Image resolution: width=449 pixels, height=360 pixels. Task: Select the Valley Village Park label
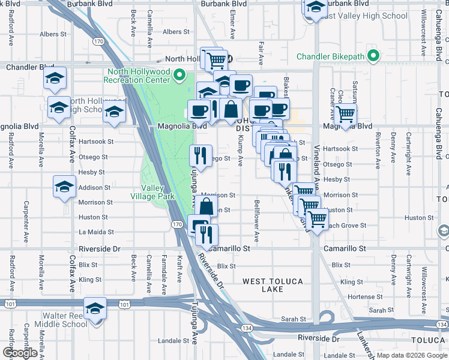tap(148, 192)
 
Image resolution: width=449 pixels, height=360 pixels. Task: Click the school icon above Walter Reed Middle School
tap(95, 308)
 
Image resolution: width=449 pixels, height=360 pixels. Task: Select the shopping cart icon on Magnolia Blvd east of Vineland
tap(346, 113)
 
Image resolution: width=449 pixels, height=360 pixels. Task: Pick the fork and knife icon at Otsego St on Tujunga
tap(201, 156)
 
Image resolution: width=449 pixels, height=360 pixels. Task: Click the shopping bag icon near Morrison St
tap(206, 207)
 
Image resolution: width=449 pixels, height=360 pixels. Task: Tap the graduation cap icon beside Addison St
tap(64, 187)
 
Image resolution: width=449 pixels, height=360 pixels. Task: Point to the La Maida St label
tap(92, 232)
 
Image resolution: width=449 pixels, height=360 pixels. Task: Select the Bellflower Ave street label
tap(257, 221)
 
